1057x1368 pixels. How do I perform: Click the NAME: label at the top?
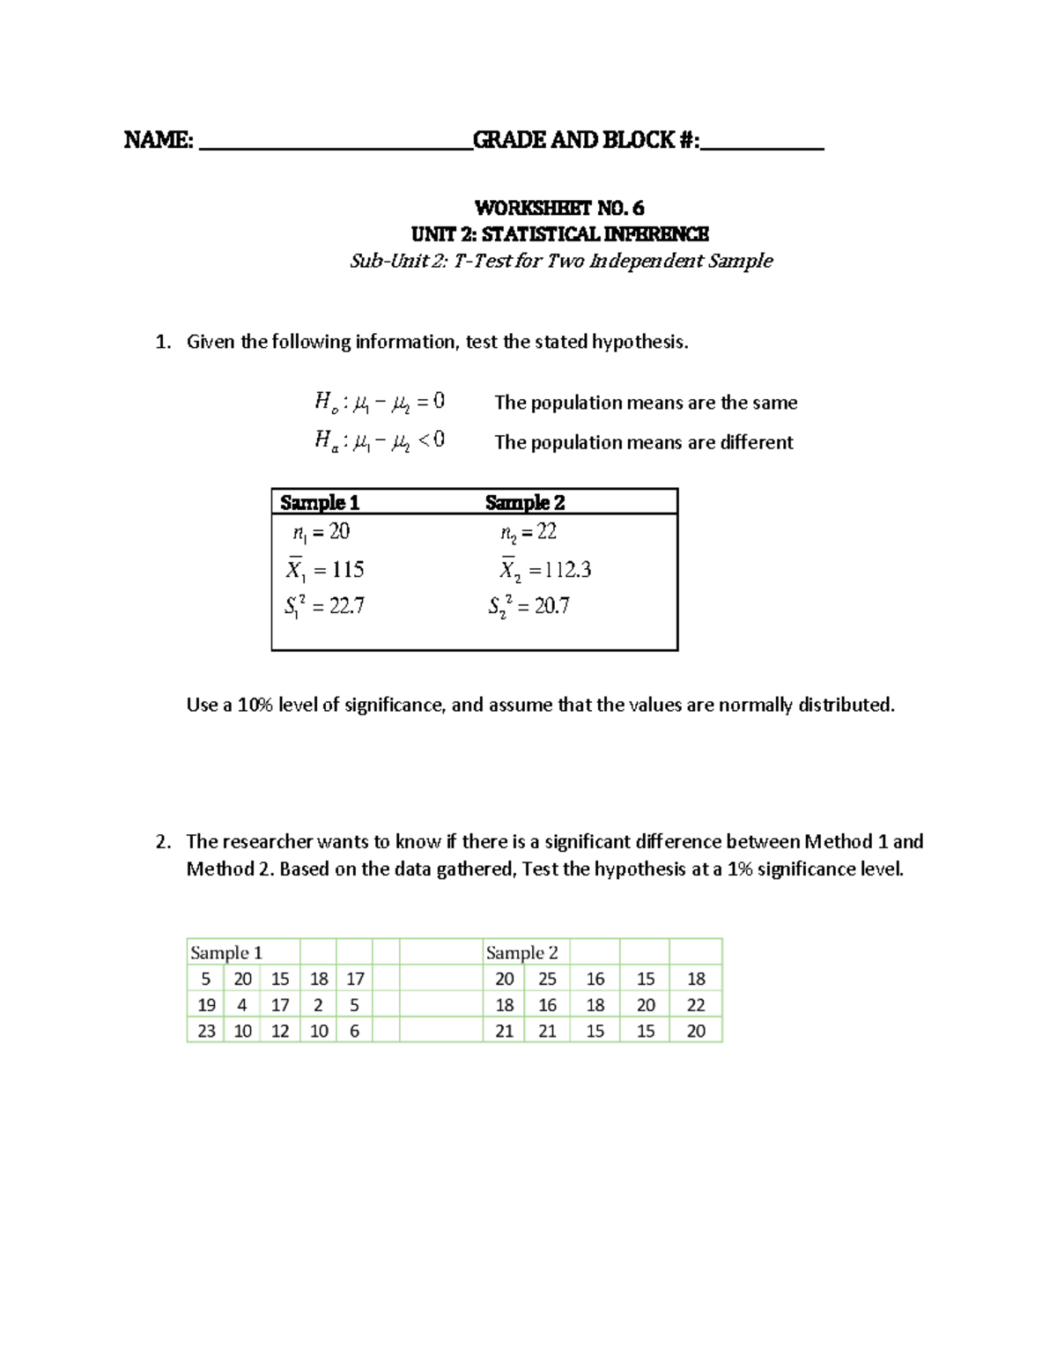(x=159, y=140)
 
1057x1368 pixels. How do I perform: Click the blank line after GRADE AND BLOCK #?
(x=763, y=145)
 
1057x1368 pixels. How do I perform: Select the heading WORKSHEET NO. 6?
(x=559, y=208)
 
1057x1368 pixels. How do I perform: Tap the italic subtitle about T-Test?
(x=561, y=261)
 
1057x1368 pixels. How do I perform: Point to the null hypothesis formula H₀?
(x=380, y=403)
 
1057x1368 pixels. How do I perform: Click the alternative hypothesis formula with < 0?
(x=380, y=440)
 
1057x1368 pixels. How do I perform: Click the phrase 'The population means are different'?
(x=644, y=442)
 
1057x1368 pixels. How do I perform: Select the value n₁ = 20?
(x=322, y=532)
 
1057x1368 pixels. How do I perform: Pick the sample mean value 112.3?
(x=568, y=571)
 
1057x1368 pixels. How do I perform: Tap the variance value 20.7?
(x=551, y=606)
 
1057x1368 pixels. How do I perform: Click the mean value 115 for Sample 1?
(x=347, y=571)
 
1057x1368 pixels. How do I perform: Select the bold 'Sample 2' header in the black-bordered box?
(x=525, y=502)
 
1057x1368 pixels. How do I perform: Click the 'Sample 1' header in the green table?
(x=226, y=952)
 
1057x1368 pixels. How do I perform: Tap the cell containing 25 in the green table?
(x=547, y=979)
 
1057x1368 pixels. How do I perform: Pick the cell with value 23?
(x=206, y=1031)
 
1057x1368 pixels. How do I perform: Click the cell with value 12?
(x=280, y=1031)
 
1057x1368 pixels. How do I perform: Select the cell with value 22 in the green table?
(x=696, y=1005)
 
